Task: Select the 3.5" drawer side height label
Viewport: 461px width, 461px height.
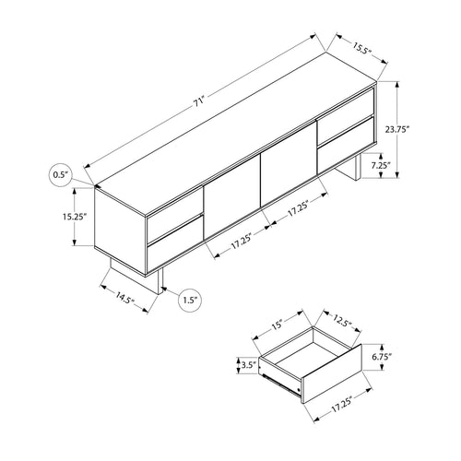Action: [246, 364]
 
